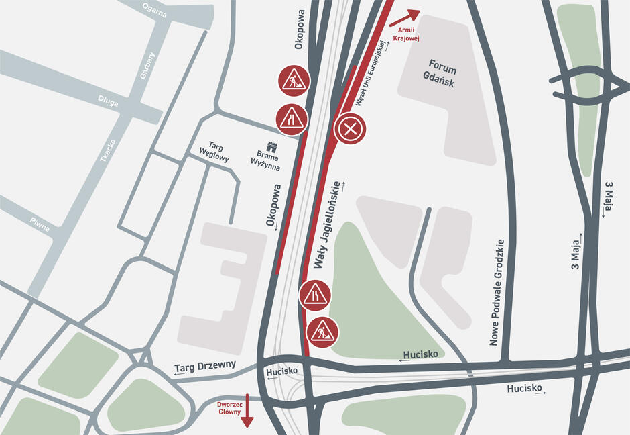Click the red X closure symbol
(x=350, y=129)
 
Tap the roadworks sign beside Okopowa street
(x=293, y=81)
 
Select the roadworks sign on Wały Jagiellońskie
(x=322, y=332)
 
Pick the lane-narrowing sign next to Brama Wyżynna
(x=292, y=119)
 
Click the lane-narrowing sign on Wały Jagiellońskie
(x=314, y=295)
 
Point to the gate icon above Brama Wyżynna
(x=271, y=147)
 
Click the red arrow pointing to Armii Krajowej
(x=404, y=17)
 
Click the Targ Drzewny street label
(x=205, y=366)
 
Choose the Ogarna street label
(x=155, y=9)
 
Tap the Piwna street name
(x=40, y=225)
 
